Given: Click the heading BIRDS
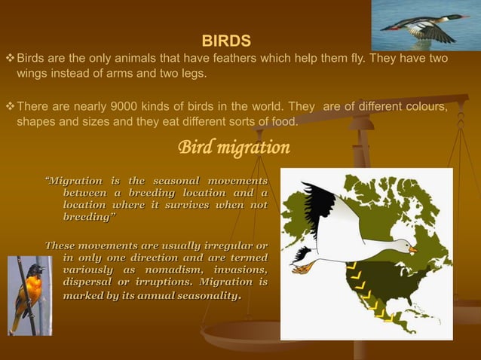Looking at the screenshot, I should (226, 40).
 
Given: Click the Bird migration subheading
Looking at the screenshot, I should (233, 148).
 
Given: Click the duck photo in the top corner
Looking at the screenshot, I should (425, 25).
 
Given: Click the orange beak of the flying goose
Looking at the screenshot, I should (412, 248).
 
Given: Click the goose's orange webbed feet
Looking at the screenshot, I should (302, 267).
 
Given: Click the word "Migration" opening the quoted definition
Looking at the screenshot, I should (74, 182).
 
